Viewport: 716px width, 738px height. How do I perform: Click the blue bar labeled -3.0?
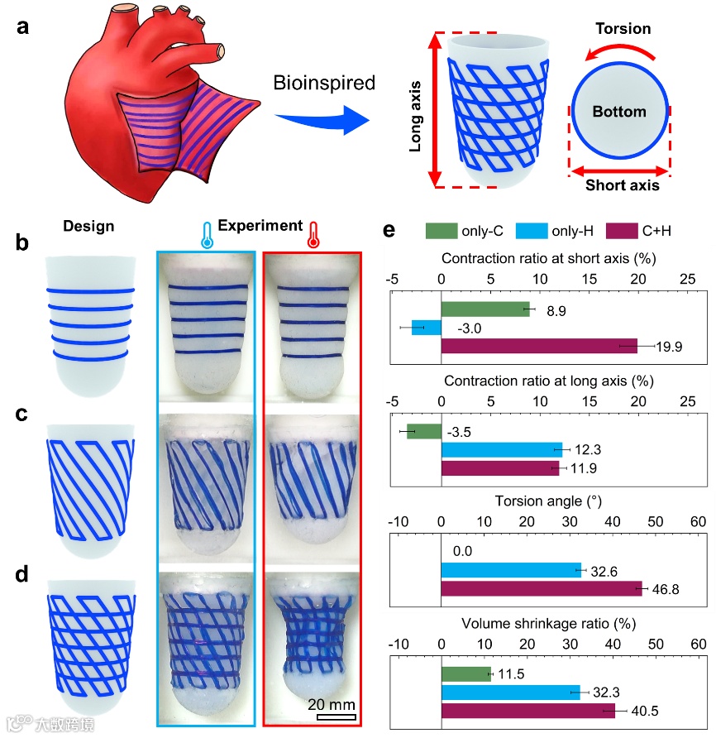pos(427,328)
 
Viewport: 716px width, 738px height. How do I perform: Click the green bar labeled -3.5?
pos(424,431)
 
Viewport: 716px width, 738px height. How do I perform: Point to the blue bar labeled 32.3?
pos(510,691)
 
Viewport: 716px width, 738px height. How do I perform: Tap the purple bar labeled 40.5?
pos(528,710)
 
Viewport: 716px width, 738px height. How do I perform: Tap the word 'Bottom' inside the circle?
pos(618,111)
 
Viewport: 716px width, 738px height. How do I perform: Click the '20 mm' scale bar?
pos(337,716)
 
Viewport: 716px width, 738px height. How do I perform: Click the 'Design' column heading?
pos(88,226)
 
